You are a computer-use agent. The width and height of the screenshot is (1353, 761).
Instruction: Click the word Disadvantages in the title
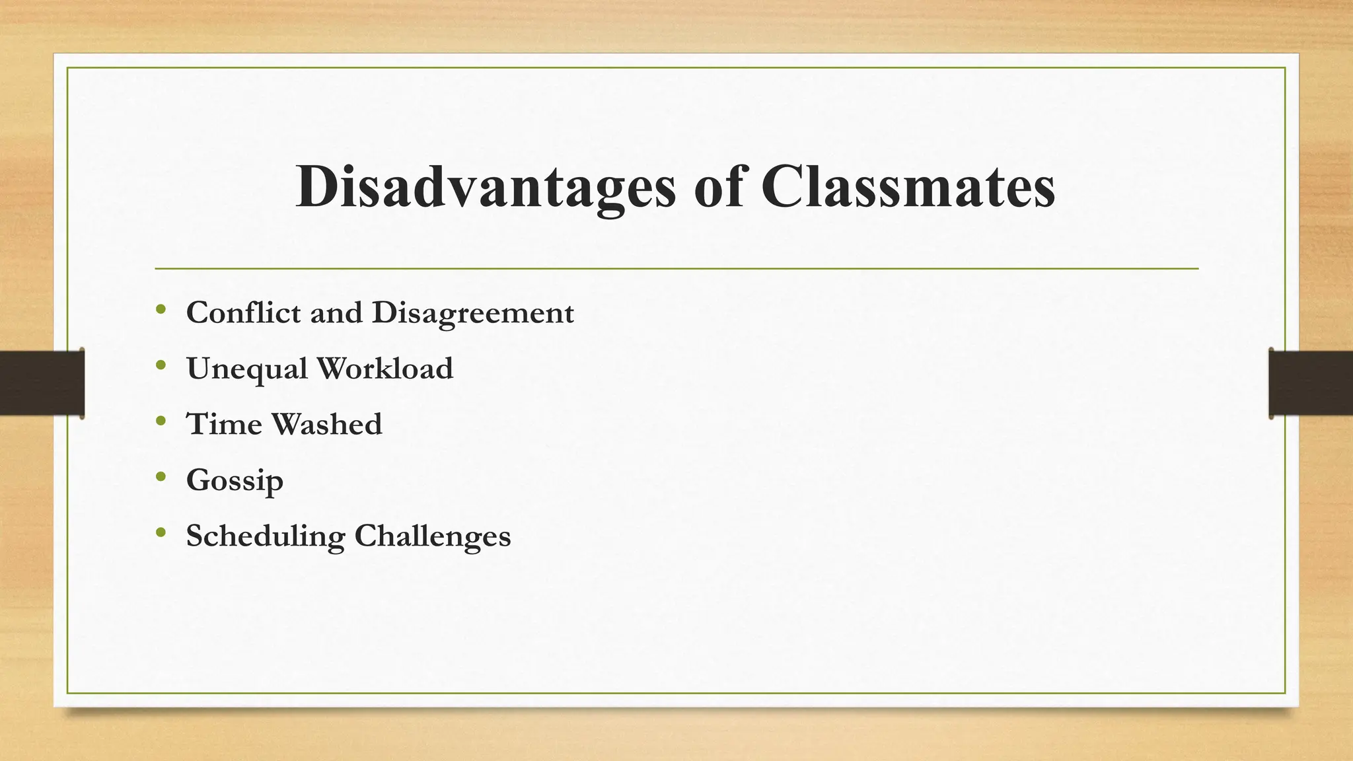(x=486, y=188)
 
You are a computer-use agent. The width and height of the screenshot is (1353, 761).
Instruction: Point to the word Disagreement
(x=472, y=313)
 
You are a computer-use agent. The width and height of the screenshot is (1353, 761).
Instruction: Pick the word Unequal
(x=246, y=369)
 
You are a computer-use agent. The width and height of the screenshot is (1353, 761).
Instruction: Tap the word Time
(x=224, y=423)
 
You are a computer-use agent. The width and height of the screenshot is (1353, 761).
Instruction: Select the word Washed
(x=326, y=423)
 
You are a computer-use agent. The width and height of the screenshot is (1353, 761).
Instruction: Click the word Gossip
(x=235, y=480)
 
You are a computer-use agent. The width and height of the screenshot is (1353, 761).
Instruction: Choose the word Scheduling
(x=265, y=536)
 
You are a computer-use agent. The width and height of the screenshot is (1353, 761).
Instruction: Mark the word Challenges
(x=433, y=536)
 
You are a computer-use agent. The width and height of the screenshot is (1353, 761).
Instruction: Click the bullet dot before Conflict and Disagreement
(x=161, y=308)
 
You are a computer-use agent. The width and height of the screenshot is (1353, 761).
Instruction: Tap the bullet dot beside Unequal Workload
(x=161, y=365)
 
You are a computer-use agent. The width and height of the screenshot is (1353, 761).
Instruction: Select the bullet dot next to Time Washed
(x=161, y=420)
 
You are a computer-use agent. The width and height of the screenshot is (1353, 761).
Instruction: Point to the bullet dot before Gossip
(x=161, y=476)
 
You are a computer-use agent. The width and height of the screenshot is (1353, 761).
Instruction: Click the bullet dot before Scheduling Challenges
(x=161, y=532)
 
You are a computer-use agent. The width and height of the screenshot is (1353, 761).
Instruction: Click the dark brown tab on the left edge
(x=42, y=383)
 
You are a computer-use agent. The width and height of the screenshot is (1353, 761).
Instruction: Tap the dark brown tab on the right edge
(x=1311, y=383)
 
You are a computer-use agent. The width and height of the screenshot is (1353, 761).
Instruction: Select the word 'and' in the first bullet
(x=336, y=312)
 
